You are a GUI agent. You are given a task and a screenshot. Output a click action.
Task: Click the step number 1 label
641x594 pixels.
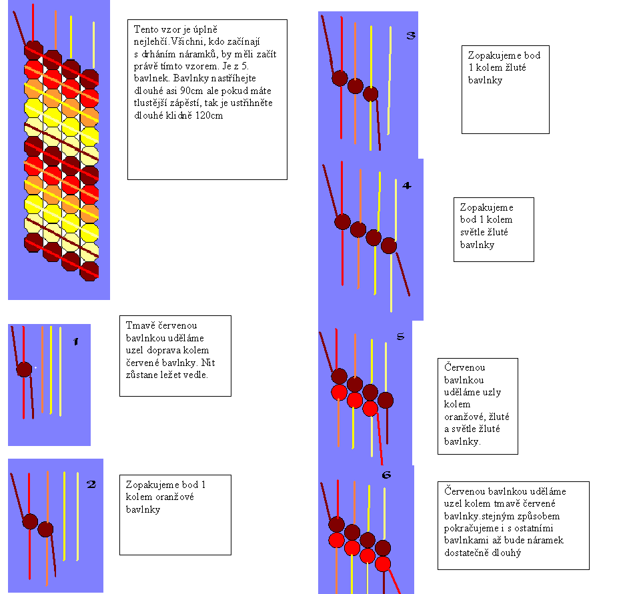75,342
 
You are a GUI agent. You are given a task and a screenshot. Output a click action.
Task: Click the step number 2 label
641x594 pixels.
91,485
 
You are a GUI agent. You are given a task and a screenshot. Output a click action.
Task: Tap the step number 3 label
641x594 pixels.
411,35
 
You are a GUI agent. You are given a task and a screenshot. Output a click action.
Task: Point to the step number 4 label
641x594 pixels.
407,185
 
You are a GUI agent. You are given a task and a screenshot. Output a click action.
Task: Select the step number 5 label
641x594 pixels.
400,337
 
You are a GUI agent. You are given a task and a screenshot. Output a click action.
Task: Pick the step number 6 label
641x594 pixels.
386,475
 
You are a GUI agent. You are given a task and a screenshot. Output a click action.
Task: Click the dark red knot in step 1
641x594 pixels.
24,369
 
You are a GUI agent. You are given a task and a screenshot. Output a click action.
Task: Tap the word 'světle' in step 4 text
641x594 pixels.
476,232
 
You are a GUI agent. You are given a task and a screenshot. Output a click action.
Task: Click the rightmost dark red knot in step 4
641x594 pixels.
389,247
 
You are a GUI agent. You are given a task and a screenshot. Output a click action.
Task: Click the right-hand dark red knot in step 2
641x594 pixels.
45,529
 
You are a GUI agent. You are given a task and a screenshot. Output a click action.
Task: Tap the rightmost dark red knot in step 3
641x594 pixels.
371,94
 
